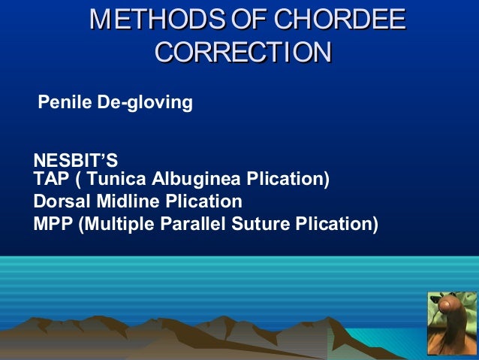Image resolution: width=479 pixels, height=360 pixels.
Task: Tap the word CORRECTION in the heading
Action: click(x=243, y=53)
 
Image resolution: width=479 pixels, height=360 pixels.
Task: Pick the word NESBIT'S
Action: click(x=75, y=161)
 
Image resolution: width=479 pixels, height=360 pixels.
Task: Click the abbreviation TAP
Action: click(x=50, y=180)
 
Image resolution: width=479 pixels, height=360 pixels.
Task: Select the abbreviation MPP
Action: click(x=53, y=223)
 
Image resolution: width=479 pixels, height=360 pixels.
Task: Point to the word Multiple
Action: click(x=115, y=223)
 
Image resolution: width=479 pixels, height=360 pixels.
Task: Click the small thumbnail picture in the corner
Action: click(x=453, y=322)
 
